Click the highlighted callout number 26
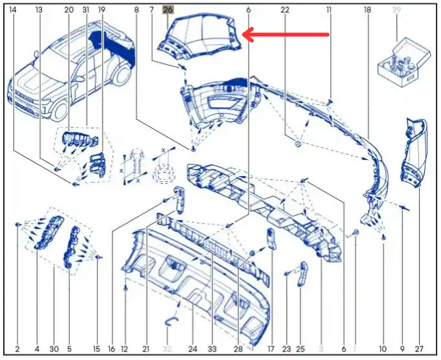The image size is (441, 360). click(168, 10)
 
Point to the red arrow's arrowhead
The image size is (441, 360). click(248, 34)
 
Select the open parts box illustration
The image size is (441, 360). click(404, 63)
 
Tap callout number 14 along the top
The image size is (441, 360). click(13, 10)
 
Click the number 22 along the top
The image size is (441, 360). click(285, 10)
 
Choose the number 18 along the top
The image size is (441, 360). click(367, 10)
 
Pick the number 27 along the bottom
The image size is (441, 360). click(419, 349)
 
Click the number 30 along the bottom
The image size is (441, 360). click(54, 349)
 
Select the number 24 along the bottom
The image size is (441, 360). click(193, 349)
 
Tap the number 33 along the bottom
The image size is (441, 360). click(212, 349)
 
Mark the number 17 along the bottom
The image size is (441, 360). click(271, 349)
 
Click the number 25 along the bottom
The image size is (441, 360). click(300, 349)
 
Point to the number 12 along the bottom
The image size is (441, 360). click(124, 349)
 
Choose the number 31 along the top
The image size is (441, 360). click(85, 10)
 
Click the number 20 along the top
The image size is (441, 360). click(69, 10)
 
